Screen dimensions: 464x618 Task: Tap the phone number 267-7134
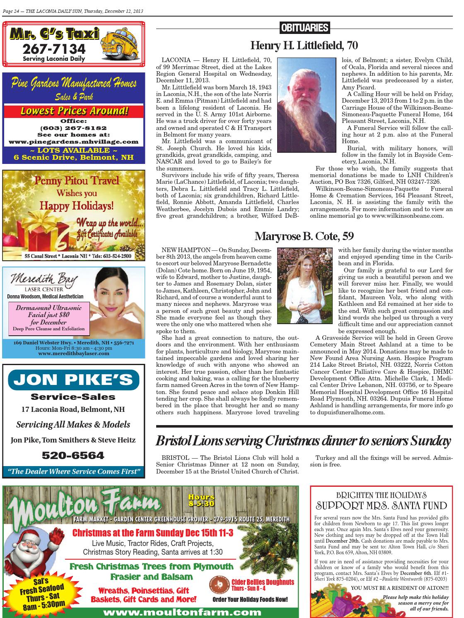(x=54, y=50)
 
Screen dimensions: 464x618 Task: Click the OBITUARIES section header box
(x=304, y=28)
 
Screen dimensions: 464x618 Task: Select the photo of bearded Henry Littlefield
(x=306, y=104)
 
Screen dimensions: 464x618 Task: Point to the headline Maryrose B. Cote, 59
(x=304, y=236)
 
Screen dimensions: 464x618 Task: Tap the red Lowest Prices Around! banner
(x=74, y=111)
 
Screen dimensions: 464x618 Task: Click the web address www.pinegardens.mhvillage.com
(x=74, y=142)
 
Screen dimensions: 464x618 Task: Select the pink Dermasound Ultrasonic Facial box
(x=49, y=318)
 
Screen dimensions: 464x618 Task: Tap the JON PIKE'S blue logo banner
(x=73, y=380)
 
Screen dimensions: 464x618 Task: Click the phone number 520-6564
(x=73, y=456)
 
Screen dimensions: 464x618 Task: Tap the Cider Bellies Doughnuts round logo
(x=219, y=586)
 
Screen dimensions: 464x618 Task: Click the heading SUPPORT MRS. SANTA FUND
(x=381, y=505)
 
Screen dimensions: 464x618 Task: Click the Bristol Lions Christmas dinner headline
(x=303, y=441)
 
